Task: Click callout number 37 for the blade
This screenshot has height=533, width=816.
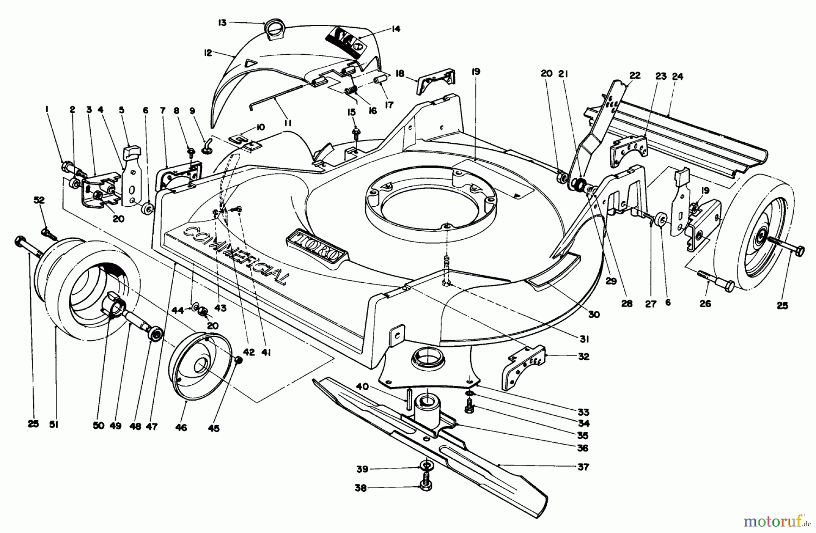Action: pos(583,467)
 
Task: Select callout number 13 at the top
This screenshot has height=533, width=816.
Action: pos(222,23)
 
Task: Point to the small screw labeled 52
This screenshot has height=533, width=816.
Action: pos(48,233)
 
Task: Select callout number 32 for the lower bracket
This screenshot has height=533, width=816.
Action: pos(583,357)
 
